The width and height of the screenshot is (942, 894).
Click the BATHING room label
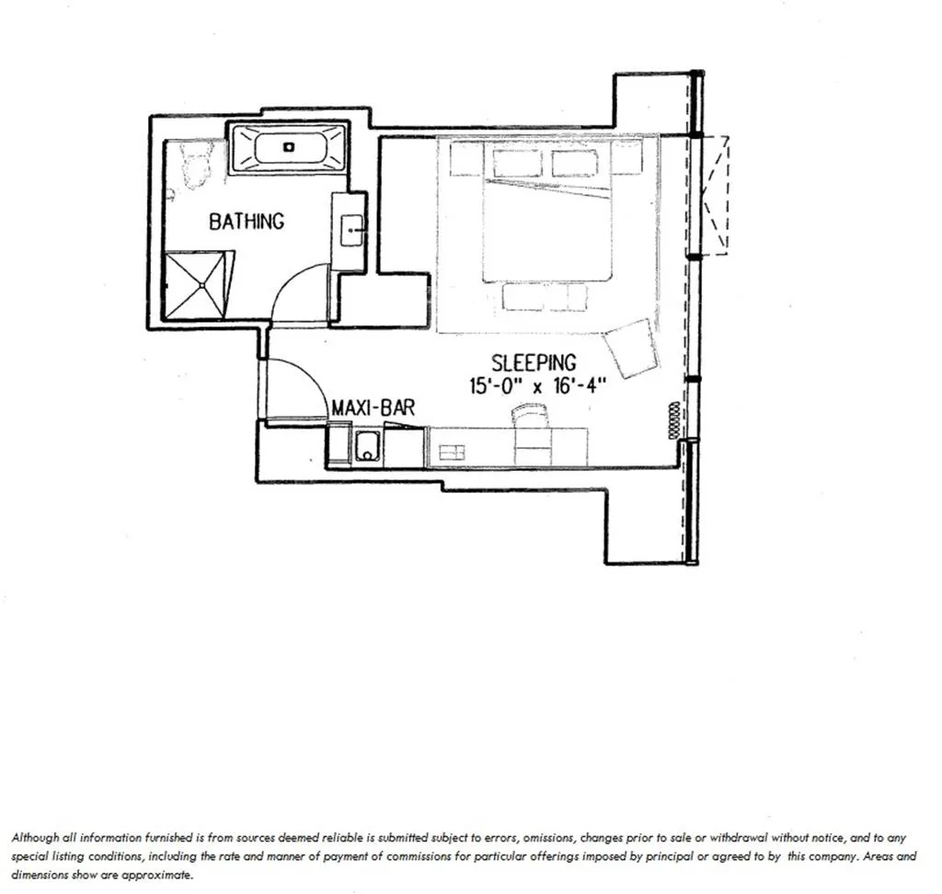click(247, 222)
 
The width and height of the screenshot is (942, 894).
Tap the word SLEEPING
click(534, 362)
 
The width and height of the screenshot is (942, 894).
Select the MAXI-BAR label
click(373, 407)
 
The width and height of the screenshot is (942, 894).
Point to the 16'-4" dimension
click(580, 386)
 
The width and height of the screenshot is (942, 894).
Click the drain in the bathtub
click(288, 146)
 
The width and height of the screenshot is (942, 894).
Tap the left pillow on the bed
click(519, 163)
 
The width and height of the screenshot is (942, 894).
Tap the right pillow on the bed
click(575, 163)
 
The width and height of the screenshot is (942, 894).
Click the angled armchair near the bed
click(632, 348)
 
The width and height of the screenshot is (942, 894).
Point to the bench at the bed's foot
click(544, 297)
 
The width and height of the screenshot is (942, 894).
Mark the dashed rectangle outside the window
click(715, 194)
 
